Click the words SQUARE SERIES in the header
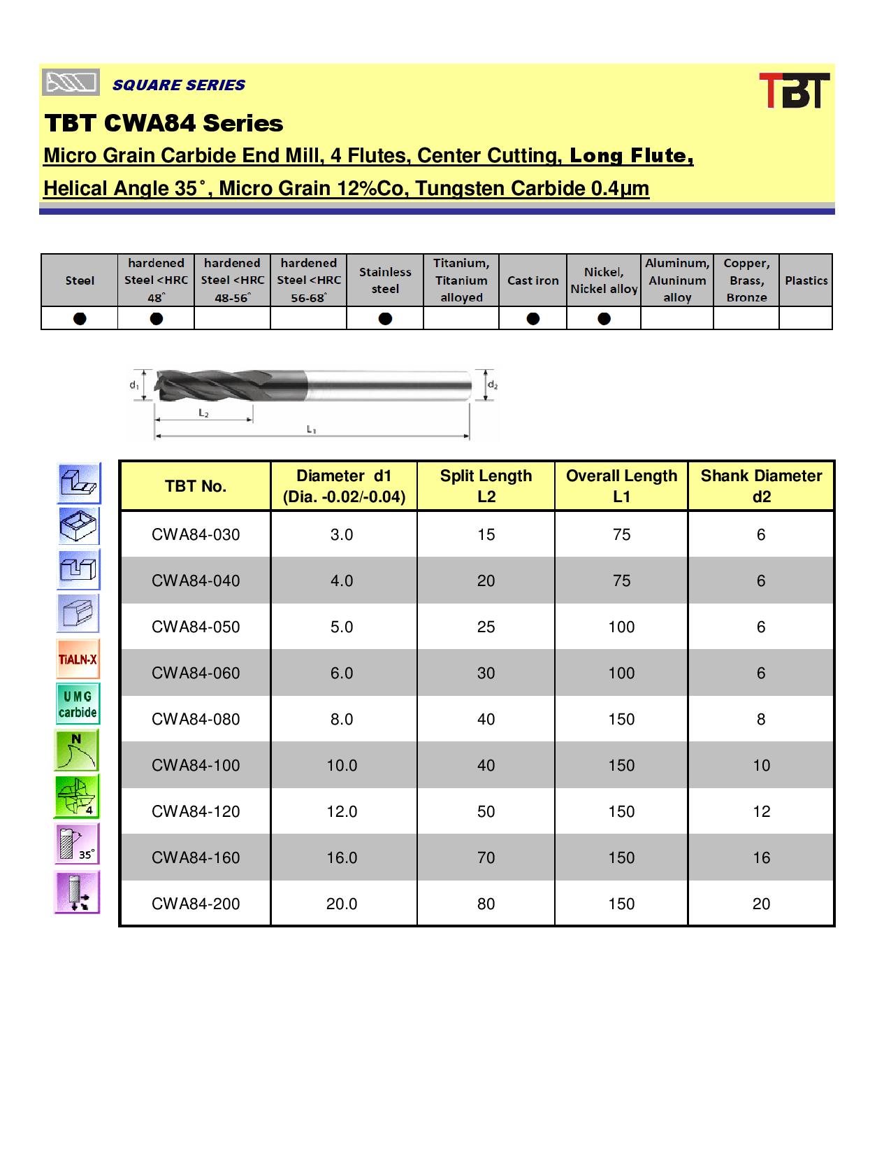179,85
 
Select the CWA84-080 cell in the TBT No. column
196,719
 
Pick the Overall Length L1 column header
621,486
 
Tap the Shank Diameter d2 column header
761,486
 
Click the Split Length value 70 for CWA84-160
486,857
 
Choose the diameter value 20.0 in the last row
342,904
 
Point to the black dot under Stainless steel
385,318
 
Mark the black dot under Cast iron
533,318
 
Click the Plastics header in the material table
806,280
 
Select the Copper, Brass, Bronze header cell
746,280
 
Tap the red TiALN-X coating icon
78,659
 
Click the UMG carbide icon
78,704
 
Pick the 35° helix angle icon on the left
78,843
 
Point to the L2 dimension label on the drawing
203,413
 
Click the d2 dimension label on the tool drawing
492,385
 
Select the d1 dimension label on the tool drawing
133,385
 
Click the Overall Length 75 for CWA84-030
621,534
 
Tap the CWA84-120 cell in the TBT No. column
196,811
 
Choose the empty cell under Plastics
806,318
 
